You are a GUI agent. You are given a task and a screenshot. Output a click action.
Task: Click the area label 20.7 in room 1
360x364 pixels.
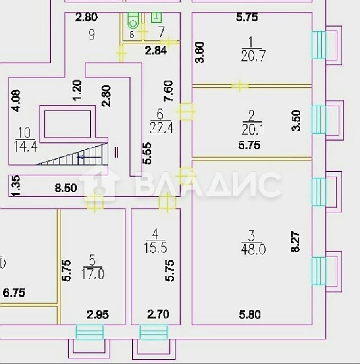[253, 56]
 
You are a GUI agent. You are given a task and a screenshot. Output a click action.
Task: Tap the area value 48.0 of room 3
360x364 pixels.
[253, 249]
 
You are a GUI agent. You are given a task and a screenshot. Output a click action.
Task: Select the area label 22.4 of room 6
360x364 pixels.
[162, 128]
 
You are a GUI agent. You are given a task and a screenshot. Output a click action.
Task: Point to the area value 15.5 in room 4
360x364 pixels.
[156, 248]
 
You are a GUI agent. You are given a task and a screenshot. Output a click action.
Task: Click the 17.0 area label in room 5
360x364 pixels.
[93, 273]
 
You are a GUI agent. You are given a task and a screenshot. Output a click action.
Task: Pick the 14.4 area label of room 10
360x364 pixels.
[26, 146]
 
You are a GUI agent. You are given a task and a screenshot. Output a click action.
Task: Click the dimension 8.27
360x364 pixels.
[295, 241]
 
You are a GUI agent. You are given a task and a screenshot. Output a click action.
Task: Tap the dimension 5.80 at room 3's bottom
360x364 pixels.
[249, 315]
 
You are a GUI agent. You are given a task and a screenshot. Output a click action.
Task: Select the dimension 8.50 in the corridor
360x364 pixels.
[66, 188]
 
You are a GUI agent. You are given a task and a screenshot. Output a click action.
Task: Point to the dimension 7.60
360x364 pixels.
[169, 91]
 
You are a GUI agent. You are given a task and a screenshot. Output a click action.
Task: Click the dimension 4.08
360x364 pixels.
[16, 101]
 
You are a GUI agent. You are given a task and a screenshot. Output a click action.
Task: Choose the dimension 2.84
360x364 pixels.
[156, 50]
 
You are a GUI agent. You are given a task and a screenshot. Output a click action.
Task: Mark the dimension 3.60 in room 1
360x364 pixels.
[200, 52]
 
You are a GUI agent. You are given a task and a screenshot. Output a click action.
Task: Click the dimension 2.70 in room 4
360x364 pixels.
[158, 314]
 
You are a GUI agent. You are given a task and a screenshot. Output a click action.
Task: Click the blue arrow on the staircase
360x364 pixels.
[89, 157]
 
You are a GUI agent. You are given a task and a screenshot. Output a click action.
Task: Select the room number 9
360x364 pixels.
[92, 35]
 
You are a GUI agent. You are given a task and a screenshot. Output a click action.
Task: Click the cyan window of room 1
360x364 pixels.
[319, 45]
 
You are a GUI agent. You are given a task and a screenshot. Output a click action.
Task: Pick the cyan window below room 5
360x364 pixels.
[90, 332]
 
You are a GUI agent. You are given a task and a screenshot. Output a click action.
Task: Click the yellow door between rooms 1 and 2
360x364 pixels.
[240, 86]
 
